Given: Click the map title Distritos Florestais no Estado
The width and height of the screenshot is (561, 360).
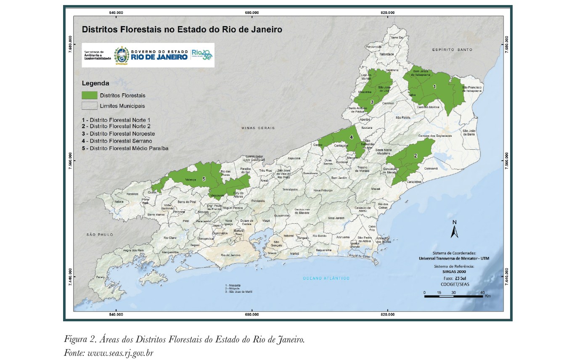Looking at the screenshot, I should [x=181, y=30].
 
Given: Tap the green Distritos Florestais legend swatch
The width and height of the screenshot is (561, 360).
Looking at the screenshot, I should [x=89, y=95].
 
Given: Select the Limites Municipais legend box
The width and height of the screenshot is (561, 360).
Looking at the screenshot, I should [x=89, y=106].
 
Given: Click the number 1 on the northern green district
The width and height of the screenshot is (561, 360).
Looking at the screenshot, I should [x=435, y=86].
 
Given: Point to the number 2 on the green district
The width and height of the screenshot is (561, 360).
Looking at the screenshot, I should [x=415, y=156].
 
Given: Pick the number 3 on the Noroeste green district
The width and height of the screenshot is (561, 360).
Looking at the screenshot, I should [x=372, y=102].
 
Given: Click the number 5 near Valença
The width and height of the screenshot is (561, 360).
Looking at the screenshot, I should [x=204, y=179].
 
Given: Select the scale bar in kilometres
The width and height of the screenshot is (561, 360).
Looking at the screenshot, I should [x=456, y=296].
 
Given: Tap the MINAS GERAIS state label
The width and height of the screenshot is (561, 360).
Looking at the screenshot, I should [x=258, y=128].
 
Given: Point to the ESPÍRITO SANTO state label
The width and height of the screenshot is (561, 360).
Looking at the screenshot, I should [x=452, y=50].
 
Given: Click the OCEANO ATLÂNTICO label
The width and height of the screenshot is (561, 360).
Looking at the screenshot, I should [x=326, y=278].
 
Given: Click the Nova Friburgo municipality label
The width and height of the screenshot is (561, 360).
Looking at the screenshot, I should [x=323, y=191].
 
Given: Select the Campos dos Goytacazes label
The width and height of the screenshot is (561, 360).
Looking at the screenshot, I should [x=435, y=136].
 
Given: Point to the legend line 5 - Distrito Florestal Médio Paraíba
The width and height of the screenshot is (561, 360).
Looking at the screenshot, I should [x=125, y=148].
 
